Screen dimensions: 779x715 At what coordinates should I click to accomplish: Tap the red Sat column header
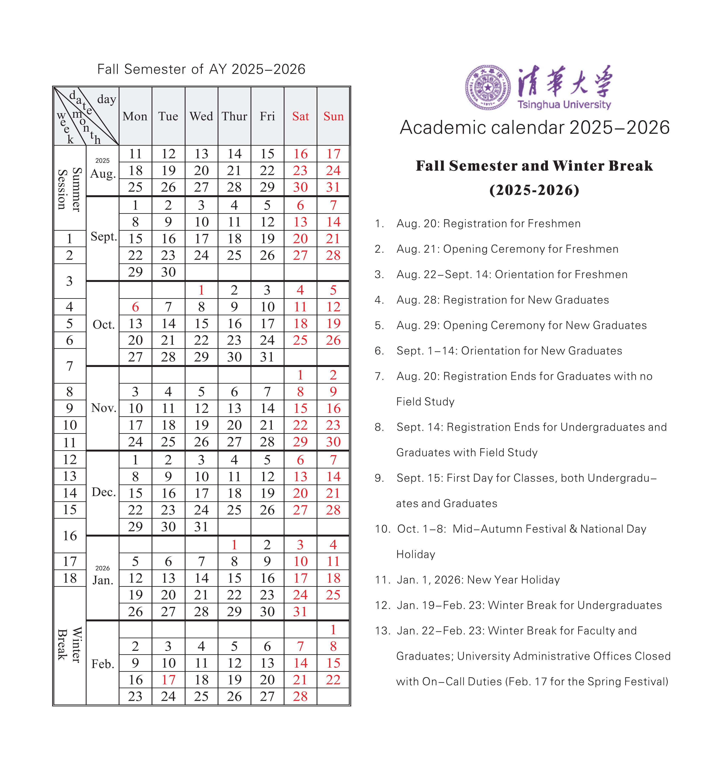[300, 116]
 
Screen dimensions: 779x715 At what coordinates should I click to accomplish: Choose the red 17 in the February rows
[168, 680]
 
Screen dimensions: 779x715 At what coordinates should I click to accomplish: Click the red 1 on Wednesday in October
[201, 290]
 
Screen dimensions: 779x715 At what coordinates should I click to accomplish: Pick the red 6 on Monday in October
[136, 307]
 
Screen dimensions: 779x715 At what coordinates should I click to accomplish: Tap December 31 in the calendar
[201, 527]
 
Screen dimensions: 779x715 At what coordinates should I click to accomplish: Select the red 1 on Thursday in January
[234, 545]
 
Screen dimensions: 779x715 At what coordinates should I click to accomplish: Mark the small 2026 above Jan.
[103, 568]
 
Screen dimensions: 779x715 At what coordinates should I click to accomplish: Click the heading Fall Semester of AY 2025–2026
[201, 69]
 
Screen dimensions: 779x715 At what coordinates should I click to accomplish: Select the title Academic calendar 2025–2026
[535, 128]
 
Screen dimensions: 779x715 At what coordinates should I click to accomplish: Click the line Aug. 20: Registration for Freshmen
[488, 223]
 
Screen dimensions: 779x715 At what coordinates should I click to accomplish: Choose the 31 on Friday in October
[267, 357]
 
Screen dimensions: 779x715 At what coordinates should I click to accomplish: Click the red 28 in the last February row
[300, 696]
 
